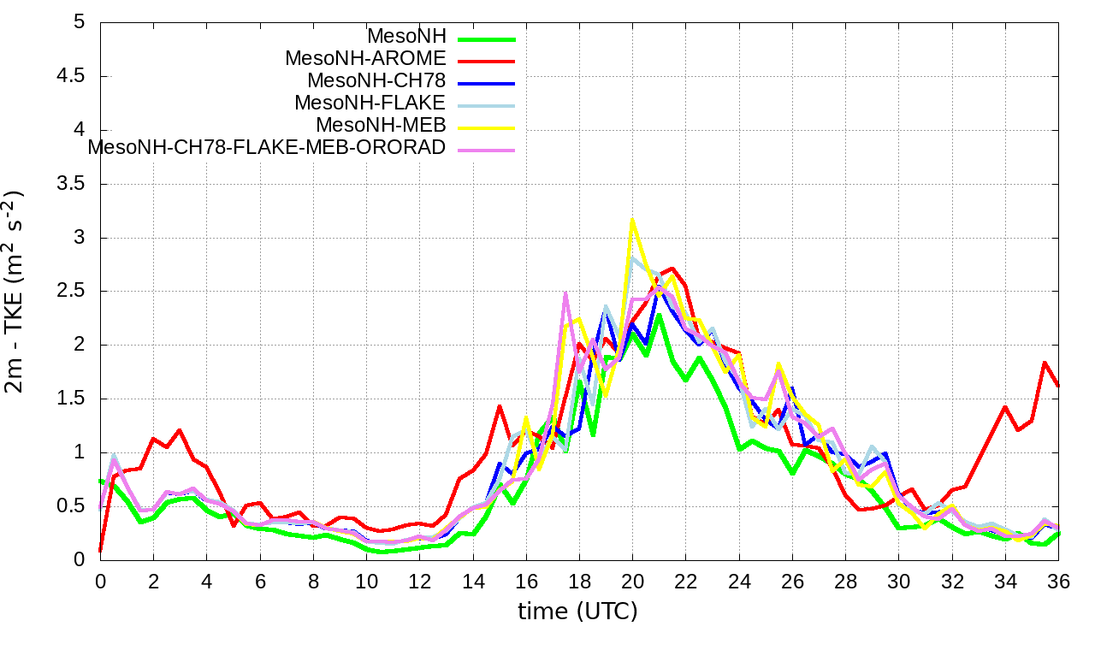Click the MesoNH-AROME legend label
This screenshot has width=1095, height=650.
click(365, 59)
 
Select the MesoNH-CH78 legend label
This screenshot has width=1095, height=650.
click(376, 81)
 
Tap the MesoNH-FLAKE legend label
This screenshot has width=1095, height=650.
click(370, 103)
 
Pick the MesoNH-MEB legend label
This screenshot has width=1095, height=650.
click(382, 126)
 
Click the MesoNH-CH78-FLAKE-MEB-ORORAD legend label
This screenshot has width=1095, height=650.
click(267, 147)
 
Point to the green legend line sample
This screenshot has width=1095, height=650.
click(486, 38)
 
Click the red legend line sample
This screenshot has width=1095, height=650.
click(486, 61)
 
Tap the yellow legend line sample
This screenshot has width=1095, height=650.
click(486, 127)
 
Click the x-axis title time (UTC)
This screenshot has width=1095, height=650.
click(577, 612)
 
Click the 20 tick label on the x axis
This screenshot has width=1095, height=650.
click(632, 580)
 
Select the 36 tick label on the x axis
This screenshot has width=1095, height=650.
click(1058, 580)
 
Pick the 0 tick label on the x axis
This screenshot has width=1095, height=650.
click(100, 580)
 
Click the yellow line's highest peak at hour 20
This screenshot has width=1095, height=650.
click(632, 220)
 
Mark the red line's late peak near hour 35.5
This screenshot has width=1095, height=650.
click(1045, 363)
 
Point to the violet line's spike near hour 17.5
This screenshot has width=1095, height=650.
click(566, 293)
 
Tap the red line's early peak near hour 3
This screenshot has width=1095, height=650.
click(180, 430)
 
